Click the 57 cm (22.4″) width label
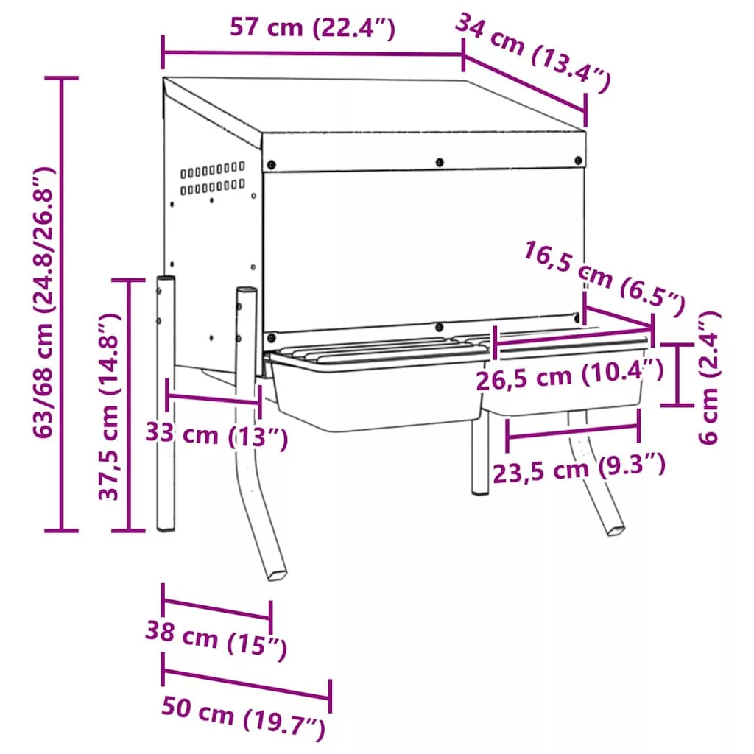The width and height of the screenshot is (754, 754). [x=312, y=27]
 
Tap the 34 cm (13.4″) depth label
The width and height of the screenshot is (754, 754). [x=533, y=52]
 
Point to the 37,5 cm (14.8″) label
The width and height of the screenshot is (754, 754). [x=109, y=406]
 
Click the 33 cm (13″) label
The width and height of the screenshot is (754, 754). [x=217, y=435]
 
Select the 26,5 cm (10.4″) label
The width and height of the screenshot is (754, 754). [x=571, y=375]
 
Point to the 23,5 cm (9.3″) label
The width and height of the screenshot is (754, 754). [x=579, y=468]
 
